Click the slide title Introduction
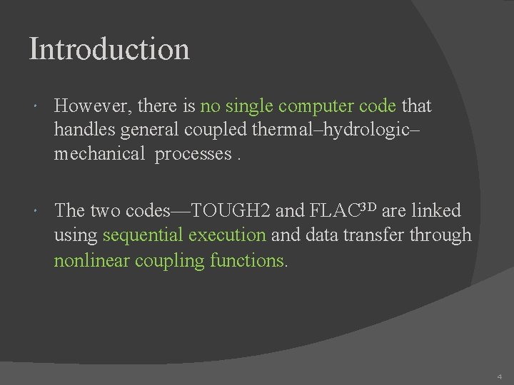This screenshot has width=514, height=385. (109, 49)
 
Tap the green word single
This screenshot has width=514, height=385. (248, 106)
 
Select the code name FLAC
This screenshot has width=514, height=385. (336, 210)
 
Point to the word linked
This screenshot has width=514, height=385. (438, 210)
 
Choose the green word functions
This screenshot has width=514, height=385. (248, 260)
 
